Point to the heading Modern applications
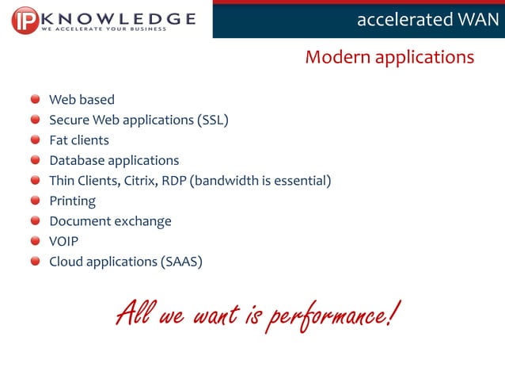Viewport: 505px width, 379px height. tap(389, 57)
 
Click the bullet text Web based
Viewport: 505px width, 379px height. tap(82, 100)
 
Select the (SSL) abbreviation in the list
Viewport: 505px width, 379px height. tap(212, 121)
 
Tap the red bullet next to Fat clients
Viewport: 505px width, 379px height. tap(36, 140)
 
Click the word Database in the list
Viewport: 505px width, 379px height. tap(76, 161)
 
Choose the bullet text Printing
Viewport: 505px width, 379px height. tap(72, 201)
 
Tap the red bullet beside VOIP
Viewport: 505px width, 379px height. tap(36, 241)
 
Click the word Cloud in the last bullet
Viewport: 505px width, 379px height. tap(66, 262)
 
